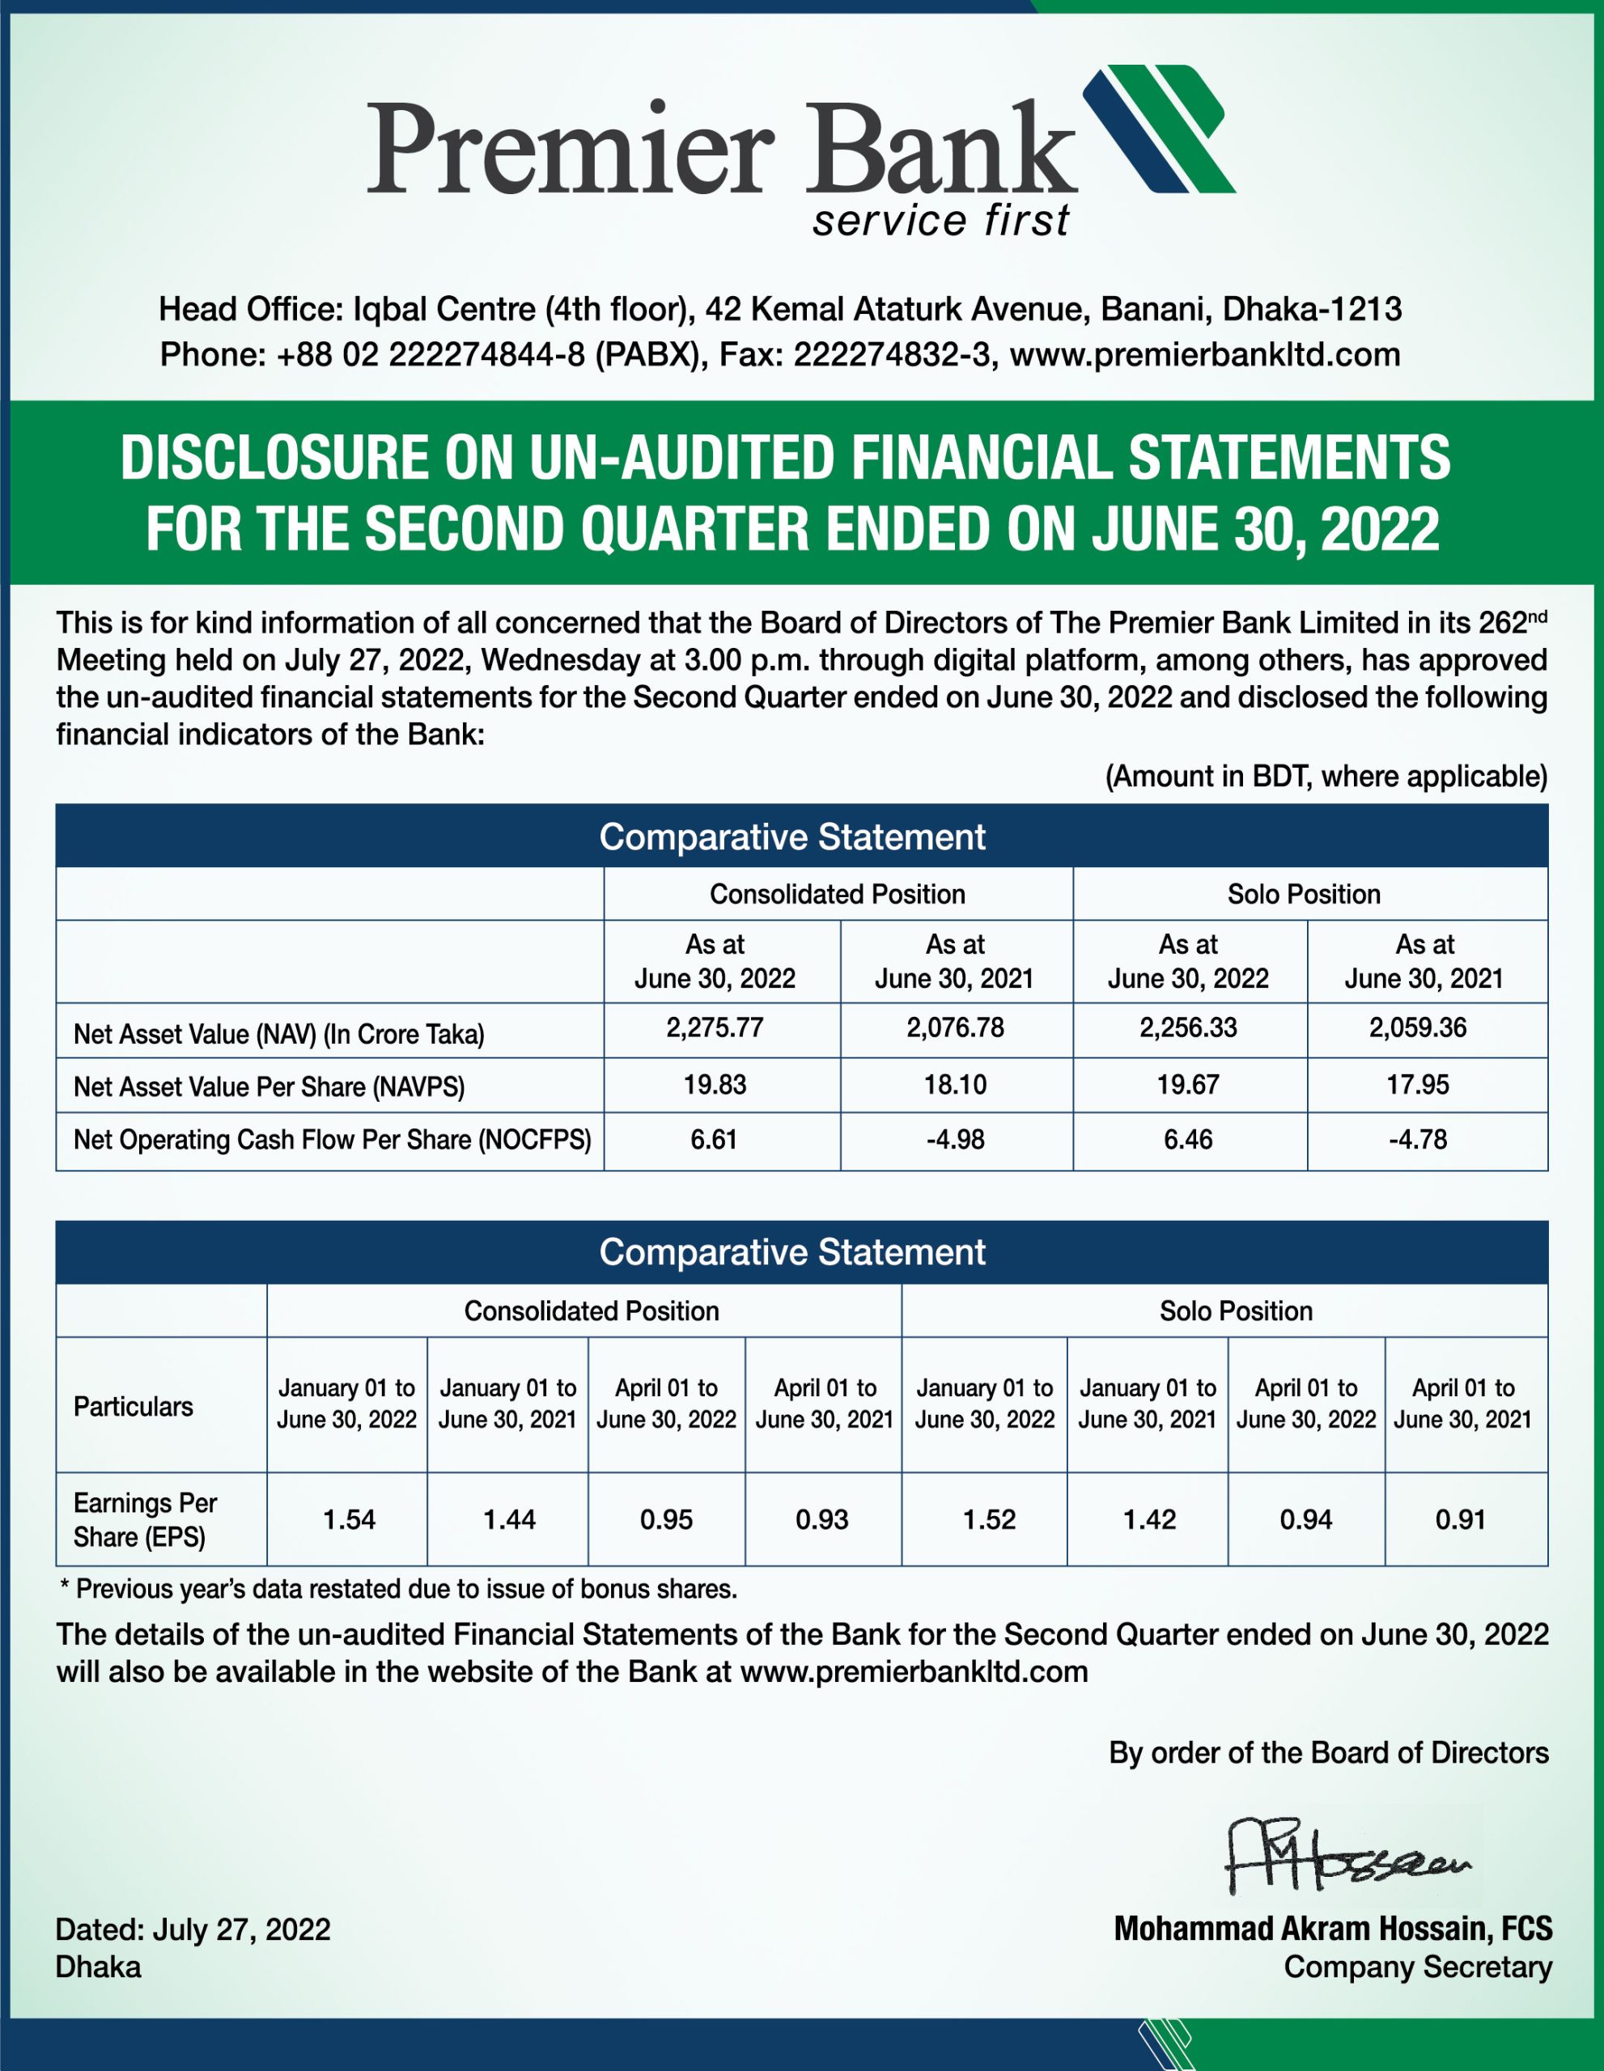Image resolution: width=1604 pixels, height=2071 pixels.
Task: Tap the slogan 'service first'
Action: pyautogui.click(x=940, y=220)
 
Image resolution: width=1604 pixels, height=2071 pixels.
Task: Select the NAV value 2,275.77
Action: pyautogui.click(x=715, y=1028)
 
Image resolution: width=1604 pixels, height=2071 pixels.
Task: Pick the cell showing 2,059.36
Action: pyautogui.click(x=1417, y=1028)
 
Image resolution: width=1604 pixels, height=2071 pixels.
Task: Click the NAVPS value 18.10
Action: pyautogui.click(x=955, y=1085)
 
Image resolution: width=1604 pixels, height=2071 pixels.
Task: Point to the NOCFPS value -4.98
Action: pyautogui.click(x=955, y=1140)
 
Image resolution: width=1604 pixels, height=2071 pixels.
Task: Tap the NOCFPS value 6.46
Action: pyautogui.click(x=1187, y=1140)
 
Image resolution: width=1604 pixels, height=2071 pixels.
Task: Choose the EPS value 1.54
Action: pyautogui.click(x=348, y=1520)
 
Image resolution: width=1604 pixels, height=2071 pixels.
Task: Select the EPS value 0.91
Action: pyautogui.click(x=1460, y=1520)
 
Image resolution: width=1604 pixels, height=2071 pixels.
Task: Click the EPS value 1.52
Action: pyautogui.click(x=988, y=1520)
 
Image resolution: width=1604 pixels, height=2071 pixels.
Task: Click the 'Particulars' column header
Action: pyautogui.click(x=133, y=1407)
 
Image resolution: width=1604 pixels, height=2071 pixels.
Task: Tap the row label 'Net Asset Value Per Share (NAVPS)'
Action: pyautogui.click(x=269, y=1086)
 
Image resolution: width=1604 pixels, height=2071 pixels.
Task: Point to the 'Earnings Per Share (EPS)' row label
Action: pyautogui.click(x=145, y=1520)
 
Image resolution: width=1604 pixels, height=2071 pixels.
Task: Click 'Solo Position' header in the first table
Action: pyautogui.click(x=1303, y=894)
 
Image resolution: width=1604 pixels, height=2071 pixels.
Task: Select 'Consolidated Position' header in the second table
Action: pyautogui.click(x=591, y=1311)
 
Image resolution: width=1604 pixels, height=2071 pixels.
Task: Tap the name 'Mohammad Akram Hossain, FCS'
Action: pyautogui.click(x=1333, y=1929)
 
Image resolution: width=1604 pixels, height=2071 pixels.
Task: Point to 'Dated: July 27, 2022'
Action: pyautogui.click(x=193, y=1929)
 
